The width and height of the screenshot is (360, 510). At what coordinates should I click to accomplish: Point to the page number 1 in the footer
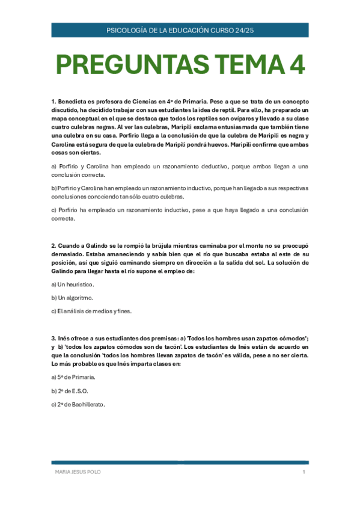point(304,472)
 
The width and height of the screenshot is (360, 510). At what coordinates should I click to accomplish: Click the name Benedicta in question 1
point(72,102)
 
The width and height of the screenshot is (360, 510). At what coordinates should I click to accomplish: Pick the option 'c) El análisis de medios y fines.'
point(91,311)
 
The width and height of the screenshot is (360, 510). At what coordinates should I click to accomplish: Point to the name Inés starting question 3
point(65,339)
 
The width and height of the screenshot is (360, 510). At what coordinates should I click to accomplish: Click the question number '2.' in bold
point(53,247)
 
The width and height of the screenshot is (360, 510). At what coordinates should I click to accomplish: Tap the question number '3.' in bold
point(53,339)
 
